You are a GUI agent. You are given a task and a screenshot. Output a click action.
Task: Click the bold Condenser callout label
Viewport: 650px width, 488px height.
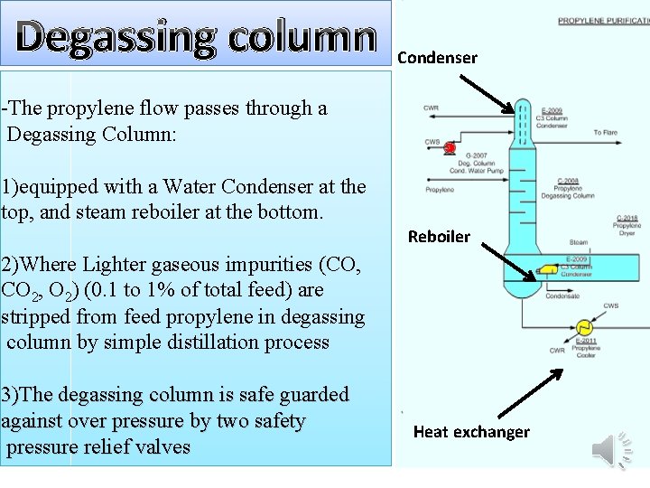437,58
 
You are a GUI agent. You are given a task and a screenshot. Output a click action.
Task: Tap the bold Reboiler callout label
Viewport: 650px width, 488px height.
439,237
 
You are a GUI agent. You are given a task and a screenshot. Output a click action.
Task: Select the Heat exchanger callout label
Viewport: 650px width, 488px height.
471,432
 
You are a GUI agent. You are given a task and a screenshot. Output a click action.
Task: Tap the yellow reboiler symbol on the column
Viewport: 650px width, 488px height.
547,269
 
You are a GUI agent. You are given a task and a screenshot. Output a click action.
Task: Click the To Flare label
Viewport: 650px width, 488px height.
605,132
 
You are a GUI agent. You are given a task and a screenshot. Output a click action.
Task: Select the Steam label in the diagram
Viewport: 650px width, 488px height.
579,241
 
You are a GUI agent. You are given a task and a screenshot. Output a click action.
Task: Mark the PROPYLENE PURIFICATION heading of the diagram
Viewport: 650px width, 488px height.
603,20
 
